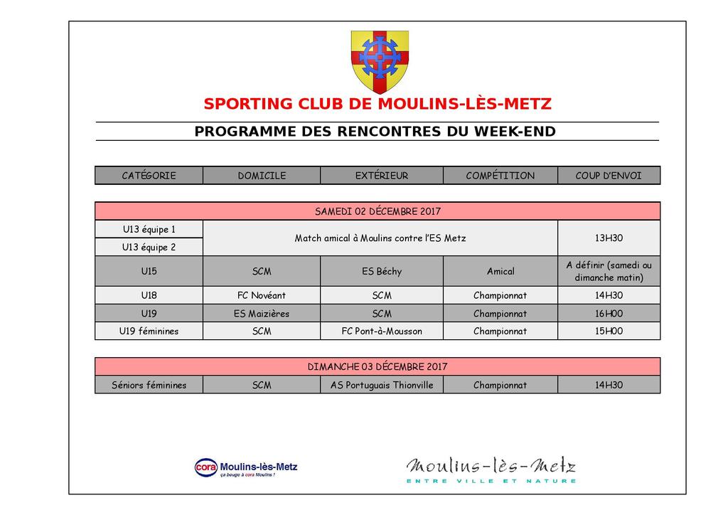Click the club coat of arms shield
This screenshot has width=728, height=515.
coord(380,61)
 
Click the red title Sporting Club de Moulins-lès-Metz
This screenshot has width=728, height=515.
coord(377,104)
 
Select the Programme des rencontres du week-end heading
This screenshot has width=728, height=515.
coord(375,132)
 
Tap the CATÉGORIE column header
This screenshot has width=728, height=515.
coord(149,176)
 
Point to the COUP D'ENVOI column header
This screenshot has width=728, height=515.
coord(608,176)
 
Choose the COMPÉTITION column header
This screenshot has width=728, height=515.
coord(500,176)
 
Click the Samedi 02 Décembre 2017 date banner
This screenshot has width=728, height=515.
coord(378,211)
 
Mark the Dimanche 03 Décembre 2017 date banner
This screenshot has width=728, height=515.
coord(378,367)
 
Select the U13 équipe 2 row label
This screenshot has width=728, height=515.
coord(149,248)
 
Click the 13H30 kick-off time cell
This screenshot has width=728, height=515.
coord(608,238)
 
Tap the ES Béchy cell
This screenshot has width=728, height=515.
coord(381,271)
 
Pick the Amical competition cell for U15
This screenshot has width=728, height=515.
coord(500,271)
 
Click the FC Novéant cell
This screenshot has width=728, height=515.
coord(261,295)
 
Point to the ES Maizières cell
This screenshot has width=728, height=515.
coord(261,313)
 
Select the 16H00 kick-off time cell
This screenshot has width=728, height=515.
coord(608,313)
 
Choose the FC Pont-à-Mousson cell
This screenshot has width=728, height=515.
coord(381,331)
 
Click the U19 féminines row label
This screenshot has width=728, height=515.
coord(149,331)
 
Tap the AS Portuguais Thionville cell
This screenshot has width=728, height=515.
coord(381,385)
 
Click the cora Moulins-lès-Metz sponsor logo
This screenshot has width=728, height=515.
coord(246,467)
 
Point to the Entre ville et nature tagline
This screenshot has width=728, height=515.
coord(491,482)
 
